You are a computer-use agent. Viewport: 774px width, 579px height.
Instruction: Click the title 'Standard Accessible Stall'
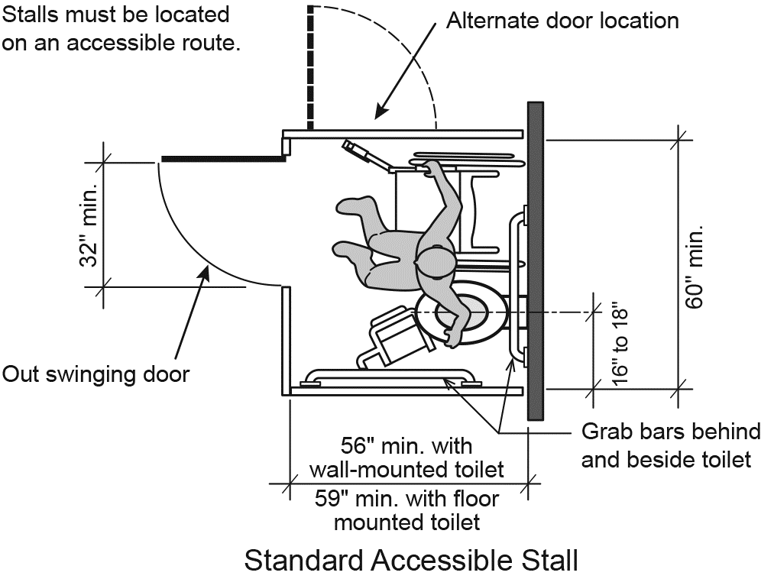tap(410, 560)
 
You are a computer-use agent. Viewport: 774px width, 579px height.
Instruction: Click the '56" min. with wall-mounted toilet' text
tap(406, 456)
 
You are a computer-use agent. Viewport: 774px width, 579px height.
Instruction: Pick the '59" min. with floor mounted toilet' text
tap(406, 511)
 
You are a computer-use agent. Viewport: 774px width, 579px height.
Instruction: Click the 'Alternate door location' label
tap(562, 20)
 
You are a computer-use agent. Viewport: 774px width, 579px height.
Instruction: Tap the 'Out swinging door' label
tap(96, 374)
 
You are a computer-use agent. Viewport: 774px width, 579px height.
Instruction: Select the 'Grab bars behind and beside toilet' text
tap(671, 445)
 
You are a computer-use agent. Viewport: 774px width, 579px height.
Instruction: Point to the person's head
tap(434, 261)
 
